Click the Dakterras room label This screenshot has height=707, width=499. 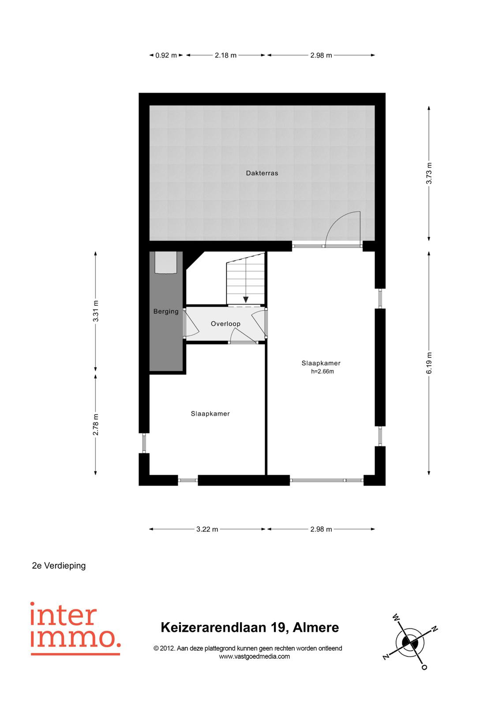[x=262, y=173]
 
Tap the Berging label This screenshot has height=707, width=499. [x=166, y=312]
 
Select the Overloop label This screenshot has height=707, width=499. [x=225, y=323]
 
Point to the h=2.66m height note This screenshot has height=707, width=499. [x=322, y=372]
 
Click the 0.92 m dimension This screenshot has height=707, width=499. [x=166, y=55]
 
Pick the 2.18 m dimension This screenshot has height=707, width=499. [x=225, y=55]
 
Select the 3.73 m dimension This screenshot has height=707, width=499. [x=429, y=173]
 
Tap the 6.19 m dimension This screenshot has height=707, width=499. [x=429, y=363]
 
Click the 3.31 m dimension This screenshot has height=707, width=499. [x=95, y=311]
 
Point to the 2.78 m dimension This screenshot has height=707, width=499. [x=95, y=425]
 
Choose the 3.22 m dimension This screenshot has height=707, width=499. [x=207, y=529]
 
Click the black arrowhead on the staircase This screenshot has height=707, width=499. [x=246, y=300]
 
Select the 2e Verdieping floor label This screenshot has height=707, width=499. [x=59, y=566]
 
